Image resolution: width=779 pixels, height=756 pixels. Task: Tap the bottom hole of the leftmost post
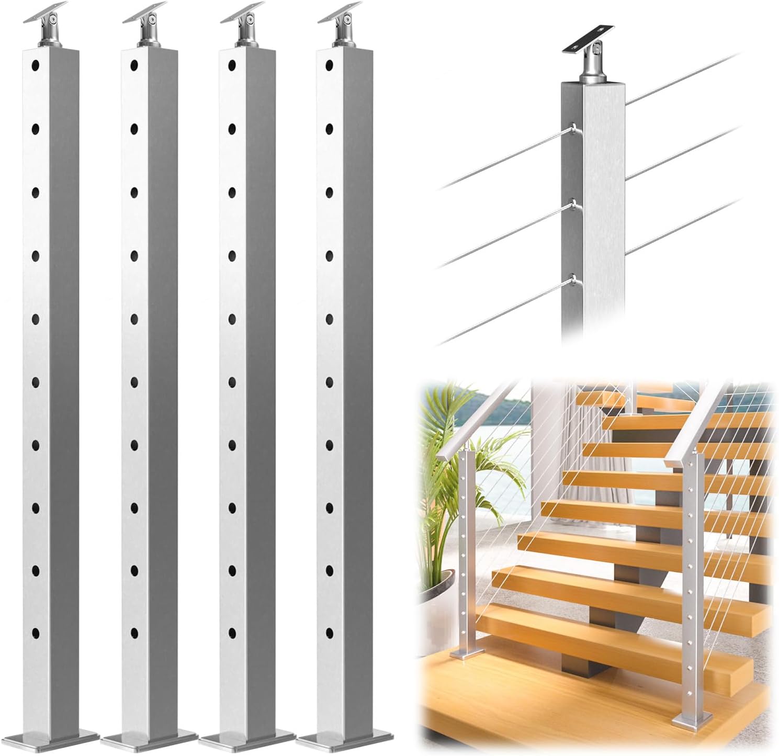click(x=35, y=633)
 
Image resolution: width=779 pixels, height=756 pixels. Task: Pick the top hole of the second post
click(x=134, y=65)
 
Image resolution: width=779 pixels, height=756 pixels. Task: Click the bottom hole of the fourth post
click(x=329, y=633)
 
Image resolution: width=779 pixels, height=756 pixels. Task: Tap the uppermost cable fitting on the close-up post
click(x=574, y=128)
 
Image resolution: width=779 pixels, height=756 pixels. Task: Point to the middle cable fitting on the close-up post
click(x=574, y=204)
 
